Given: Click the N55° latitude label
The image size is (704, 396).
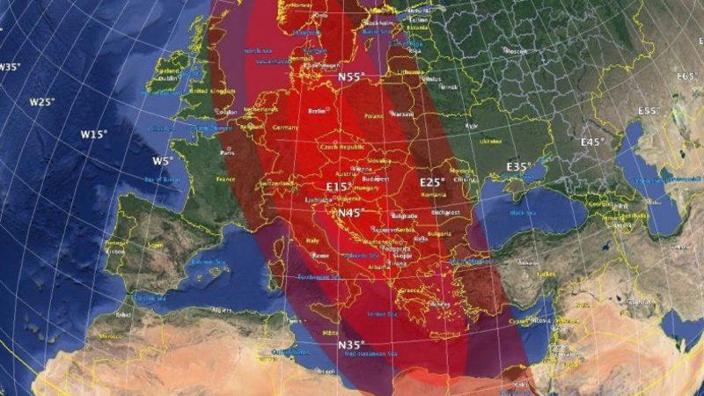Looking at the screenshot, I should [352, 77].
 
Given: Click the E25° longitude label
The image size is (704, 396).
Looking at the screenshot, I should [431, 182].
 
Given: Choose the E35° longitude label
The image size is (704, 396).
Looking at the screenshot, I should [519, 166].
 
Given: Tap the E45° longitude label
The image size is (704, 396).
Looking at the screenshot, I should [593, 142].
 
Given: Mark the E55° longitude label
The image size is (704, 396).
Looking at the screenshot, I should [650, 112].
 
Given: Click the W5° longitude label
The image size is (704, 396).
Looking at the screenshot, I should [162, 161].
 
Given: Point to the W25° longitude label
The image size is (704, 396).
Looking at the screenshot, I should [41, 102].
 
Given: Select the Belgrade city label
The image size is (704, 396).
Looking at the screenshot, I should [404, 216].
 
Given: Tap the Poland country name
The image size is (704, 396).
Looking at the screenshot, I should [373, 115].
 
